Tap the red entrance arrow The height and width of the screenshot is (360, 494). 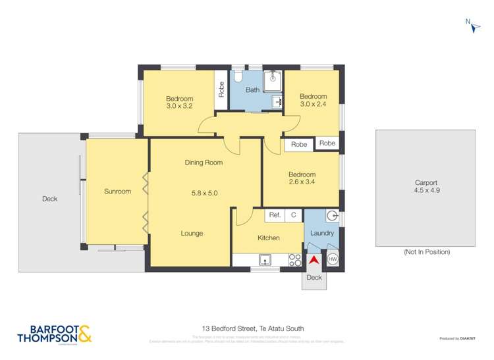click(x=315, y=260)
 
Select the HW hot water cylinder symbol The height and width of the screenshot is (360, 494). click(x=333, y=259)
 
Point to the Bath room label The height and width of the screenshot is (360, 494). click(x=253, y=90)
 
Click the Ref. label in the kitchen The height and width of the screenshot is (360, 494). click(x=275, y=215)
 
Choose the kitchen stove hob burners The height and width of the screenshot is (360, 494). click(x=295, y=259)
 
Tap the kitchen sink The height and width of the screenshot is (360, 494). click(x=265, y=261)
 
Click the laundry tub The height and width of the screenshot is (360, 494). click(x=332, y=215)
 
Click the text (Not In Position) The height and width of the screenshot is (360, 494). click(x=426, y=252)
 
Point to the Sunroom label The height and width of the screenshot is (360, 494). click(x=117, y=192)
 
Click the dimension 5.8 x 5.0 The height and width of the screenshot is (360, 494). click(x=204, y=193)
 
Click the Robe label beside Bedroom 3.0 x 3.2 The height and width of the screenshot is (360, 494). click(x=221, y=90)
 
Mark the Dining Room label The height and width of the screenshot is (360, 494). click(x=204, y=163)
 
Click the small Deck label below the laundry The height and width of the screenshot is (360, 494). click(x=315, y=278)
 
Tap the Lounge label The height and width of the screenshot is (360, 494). click(x=192, y=233)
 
